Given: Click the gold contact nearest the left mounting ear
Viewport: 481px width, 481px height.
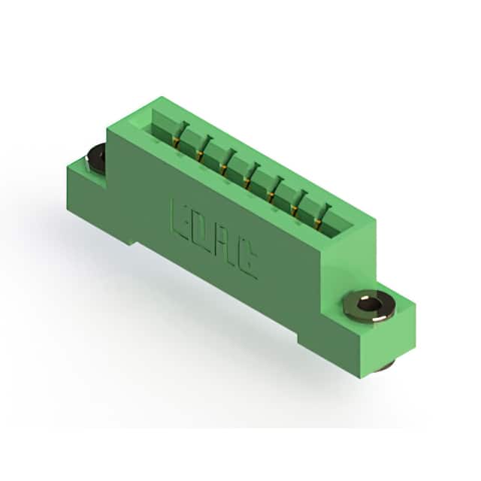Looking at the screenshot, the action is click(x=175, y=142).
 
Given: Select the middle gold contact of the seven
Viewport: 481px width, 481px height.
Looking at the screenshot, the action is click(x=247, y=182).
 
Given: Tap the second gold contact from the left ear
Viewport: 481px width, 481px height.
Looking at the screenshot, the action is click(x=199, y=155).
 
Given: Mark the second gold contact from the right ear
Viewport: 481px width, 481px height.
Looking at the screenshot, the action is click(x=295, y=209).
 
